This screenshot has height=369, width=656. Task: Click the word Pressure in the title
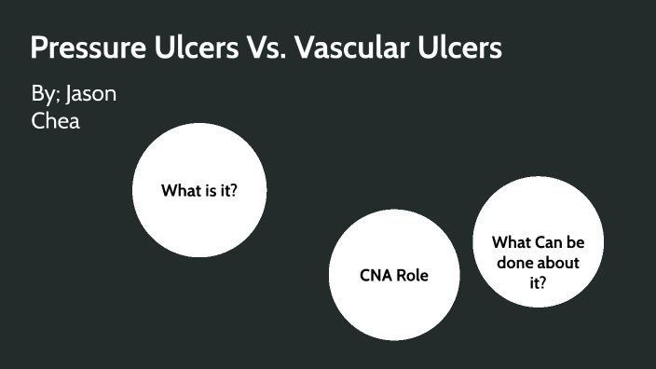point(83,49)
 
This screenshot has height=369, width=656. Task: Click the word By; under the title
point(46,95)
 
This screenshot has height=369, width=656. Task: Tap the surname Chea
point(55,120)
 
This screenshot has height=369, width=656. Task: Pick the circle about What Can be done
point(538,242)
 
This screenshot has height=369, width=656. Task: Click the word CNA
point(376,276)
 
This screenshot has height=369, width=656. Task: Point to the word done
point(516,263)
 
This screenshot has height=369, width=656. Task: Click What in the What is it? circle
point(182,192)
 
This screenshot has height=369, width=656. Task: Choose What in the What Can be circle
point(512,242)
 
